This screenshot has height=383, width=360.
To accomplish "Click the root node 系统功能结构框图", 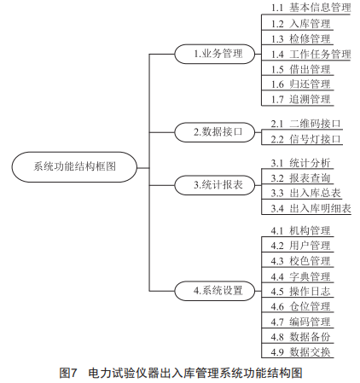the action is click(x=74, y=167).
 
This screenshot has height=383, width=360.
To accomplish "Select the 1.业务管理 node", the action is click(x=215, y=54).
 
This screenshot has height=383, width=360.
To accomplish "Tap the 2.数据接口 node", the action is click(x=215, y=132).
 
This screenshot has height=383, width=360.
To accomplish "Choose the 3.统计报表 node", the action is click(x=215, y=185).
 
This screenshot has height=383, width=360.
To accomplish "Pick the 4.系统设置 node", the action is click(x=215, y=291).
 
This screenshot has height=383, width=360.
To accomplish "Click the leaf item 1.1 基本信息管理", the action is click(x=311, y=8).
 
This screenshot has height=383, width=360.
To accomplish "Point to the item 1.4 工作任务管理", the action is click(x=311, y=54).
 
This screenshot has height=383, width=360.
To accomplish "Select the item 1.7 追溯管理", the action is click(x=300, y=100).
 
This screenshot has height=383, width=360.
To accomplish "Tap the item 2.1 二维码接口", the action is click(x=305, y=124).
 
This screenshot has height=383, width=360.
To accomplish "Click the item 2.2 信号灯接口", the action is click(x=305, y=139).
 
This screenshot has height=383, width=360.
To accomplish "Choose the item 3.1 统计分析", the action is click(x=300, y=163).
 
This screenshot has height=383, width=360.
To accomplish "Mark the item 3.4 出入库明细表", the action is click(x=311, y=208).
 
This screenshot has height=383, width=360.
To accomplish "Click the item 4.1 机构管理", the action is click(x=300, y=230).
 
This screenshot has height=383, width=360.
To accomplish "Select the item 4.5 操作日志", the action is click(x=300, y=292).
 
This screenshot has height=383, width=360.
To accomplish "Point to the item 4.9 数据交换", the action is click(x=300, y=352).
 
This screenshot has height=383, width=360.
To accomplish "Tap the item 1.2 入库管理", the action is click(x=300, y=24).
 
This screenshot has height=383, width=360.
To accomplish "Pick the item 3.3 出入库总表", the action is click(x=305, y=194).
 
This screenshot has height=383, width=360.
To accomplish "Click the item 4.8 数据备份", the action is click(x=300, y=337).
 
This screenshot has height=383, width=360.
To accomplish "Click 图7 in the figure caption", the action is click(x=68, y=373).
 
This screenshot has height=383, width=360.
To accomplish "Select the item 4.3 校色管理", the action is click(x=300, y=261).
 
